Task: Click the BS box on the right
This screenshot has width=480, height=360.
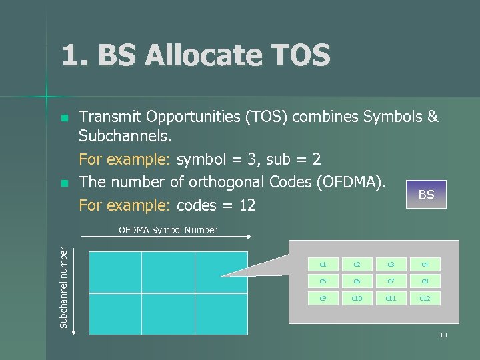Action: pos(426,195)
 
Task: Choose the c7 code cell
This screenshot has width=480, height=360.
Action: pos(391,281)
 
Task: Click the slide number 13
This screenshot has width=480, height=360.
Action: pos(443,335)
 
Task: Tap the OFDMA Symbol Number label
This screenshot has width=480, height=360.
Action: pos(167,230)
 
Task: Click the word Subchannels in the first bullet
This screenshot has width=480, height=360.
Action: pos(125,137)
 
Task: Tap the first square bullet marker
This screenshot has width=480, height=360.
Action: pos(64,118)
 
